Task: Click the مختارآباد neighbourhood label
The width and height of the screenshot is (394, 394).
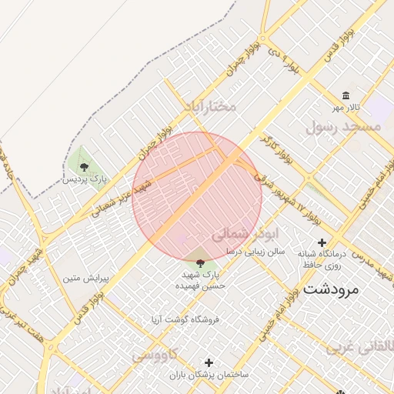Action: tap(210, 106)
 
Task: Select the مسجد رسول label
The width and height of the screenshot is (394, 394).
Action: tap(343, 126)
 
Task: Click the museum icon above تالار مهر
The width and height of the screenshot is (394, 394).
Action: tap(346, 95)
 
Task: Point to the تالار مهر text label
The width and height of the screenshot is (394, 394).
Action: tap(346, 109)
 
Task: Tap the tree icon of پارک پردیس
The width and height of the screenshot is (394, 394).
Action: tap(84, 166)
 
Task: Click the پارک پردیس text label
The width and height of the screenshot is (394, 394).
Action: tap(85, 179)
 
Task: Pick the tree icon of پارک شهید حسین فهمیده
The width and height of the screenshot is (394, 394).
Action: tap(200, 262)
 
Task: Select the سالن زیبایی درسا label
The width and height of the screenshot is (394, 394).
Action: tap(255, 251)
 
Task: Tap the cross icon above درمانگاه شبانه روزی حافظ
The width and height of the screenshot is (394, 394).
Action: tap(322, 242)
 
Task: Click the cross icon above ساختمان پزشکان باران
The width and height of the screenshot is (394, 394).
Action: tap(209, 362)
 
